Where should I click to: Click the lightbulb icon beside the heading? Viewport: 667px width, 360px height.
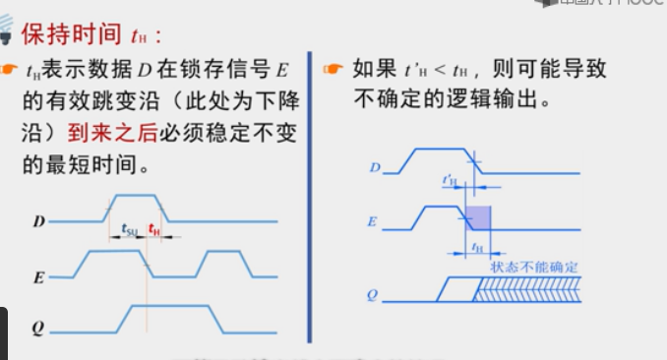click(7, 31)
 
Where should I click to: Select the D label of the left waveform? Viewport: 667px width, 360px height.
click(37, 221)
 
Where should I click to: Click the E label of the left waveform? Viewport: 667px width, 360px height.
click(37, 277)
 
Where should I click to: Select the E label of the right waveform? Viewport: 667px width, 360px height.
click(373, 221)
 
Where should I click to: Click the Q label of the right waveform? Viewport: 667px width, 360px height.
click(373, 293)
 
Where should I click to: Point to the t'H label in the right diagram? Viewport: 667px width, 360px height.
click(450, 180)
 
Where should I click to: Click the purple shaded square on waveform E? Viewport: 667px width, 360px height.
click(476, 217)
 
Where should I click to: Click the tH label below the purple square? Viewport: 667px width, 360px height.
click(477, 246)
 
